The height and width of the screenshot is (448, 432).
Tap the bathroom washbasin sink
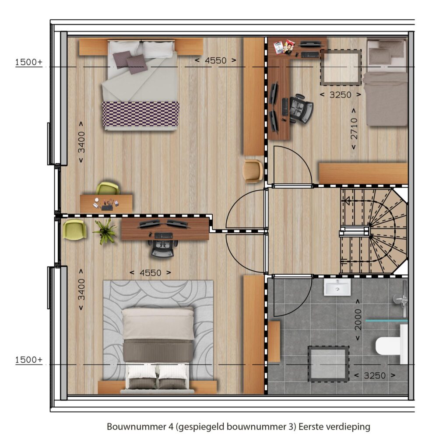(337, 287)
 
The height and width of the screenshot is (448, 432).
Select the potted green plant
(105, 231)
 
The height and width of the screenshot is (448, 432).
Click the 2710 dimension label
(354, 129)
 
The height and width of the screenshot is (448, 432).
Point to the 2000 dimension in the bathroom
(358, 320)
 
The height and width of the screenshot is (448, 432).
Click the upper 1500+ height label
(28, 62)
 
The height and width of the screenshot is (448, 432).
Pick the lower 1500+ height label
(28, 360)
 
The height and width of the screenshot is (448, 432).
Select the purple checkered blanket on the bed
(140, 113)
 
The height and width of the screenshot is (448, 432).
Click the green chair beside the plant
(74, 229)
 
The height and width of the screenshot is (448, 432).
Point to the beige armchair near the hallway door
(253, 171)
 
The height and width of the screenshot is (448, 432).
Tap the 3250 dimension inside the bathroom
(375, 375)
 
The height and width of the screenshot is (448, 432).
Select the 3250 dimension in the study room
(340, 94)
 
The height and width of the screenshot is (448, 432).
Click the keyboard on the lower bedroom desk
(164, 235)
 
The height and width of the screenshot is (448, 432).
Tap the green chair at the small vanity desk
(108, 188)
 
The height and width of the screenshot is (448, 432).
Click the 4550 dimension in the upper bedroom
(216, 60)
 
